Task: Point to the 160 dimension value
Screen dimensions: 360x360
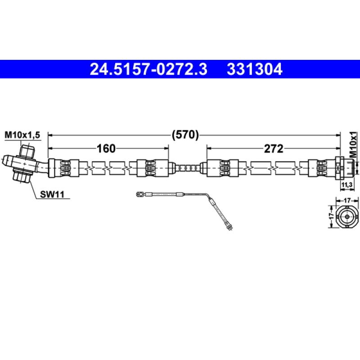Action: point(107,148)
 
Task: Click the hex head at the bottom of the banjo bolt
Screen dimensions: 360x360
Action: point(22,176)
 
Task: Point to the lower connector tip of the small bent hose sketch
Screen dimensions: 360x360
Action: point(229,227)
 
